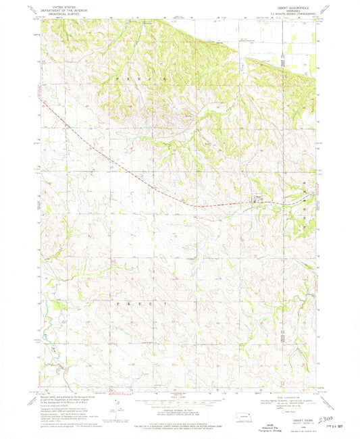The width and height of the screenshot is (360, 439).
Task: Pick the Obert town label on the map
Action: click(x=258, y=196)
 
